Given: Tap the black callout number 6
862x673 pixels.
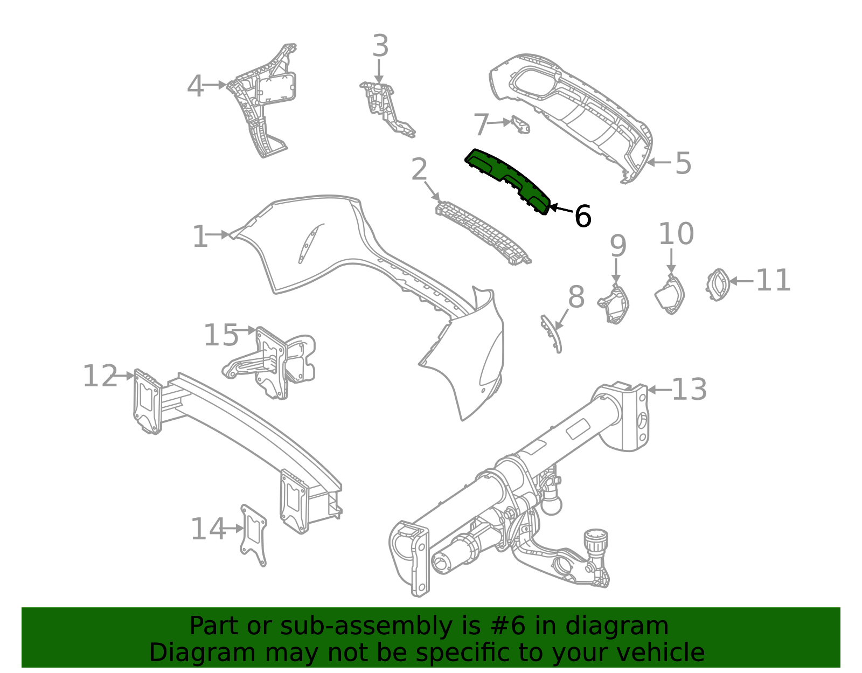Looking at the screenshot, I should (x=582, y=217).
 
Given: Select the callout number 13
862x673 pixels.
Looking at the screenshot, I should (x=689, y=390).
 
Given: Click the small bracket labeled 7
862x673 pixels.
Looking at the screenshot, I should (x=521, y=124).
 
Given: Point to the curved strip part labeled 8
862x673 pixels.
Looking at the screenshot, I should (x=552, y=334).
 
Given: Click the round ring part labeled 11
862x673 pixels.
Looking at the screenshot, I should (x=718, y=284).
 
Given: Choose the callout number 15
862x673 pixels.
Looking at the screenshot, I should (x=221, y=335).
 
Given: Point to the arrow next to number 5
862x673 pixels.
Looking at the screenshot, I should (x=658, y=162).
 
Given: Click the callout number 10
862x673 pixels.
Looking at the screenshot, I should (x=676, y=234).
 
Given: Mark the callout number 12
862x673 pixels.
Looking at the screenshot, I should (x=100, y=376).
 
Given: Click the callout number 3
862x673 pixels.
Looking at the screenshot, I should (x=380, y=46).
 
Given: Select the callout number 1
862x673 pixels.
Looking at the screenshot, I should (x=200, y=237).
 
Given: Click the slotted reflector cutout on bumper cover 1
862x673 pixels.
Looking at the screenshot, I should (x=309, y=244).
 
